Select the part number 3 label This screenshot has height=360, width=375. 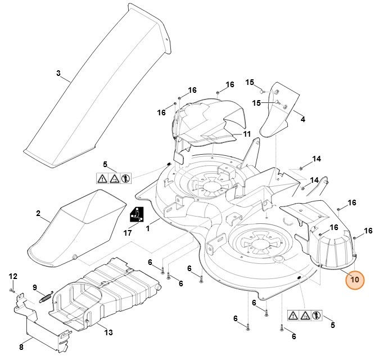click(x=58, y=73)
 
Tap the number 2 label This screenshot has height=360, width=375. click(x=38, y=213)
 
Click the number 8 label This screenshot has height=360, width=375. click(x=21, y=346)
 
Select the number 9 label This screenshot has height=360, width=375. click(x=35, y=287)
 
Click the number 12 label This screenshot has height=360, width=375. click(x=13, y=276)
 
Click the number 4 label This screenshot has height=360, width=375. click(x=303, y=119)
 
